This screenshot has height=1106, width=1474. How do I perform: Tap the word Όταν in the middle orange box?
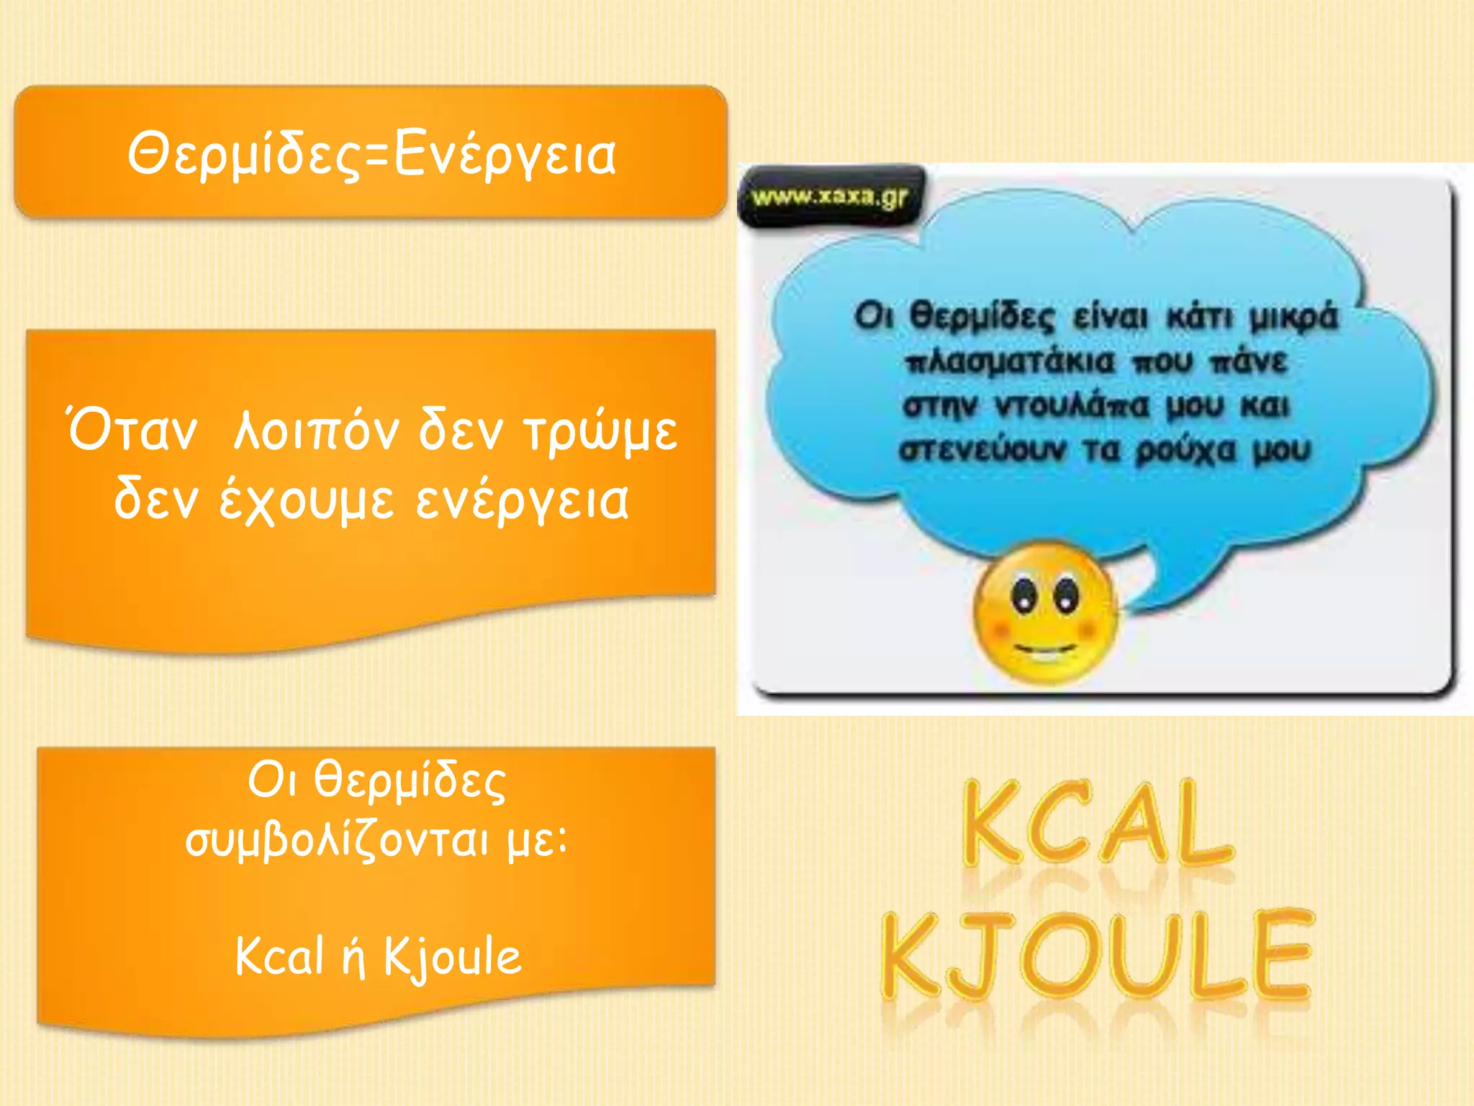tap(132, 430)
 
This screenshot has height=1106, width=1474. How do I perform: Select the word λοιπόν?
tap(317, 431)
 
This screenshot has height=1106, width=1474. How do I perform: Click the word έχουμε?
tap(307, 500)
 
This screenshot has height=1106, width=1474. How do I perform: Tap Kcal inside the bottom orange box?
tap(280, 956)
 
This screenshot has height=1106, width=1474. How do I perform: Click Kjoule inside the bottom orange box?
tap(451, 956)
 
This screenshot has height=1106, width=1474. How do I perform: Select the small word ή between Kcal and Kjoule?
tap(353, 958)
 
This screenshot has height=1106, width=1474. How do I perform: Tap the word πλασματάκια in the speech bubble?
tap(1009, 361)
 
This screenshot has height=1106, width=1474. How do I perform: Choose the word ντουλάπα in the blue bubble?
tap(1072, 406)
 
